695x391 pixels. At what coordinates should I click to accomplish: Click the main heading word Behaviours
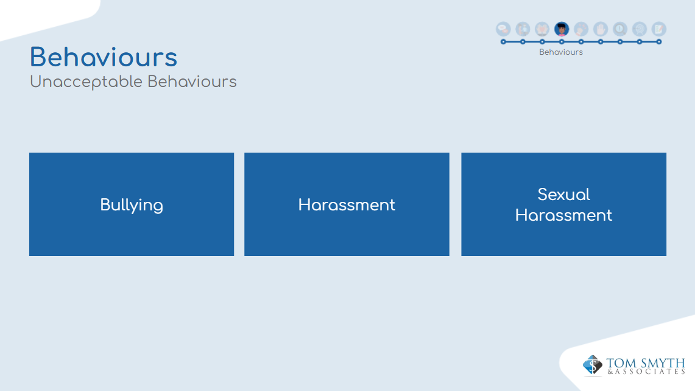[x=104, y=58]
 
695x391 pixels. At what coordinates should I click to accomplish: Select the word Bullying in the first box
[x=132, y=206]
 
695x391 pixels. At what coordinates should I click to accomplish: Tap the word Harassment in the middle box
[x=347, y=205]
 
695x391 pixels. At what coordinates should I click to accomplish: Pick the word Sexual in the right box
[x=564, y=194]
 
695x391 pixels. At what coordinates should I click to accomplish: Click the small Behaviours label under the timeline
[x=561, y=52]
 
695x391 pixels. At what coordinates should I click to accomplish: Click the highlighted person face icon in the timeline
[x=562, y=29]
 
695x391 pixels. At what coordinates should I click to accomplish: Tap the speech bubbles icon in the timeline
[x=503, y=29]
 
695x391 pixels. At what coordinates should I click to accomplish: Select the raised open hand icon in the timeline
[x=601, y=29]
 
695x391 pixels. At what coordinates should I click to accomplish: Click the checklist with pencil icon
[x=659, y=29]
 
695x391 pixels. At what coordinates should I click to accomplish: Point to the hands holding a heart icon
[x=542, y=29]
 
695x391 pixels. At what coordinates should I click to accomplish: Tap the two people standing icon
[x=523, y=29]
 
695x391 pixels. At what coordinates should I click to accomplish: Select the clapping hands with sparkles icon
[x=581, y=29]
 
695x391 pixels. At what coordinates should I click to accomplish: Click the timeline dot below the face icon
[x=562, y=42]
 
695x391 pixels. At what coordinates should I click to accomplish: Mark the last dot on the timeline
[x=659, y=42]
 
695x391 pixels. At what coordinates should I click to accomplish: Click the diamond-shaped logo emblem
[x=593, y=365]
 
